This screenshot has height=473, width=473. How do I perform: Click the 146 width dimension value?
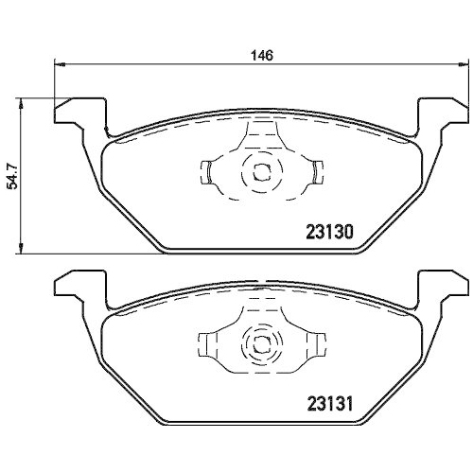(262, 56)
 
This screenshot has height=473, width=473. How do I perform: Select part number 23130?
(330, 233)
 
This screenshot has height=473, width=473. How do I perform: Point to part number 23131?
(330, 404)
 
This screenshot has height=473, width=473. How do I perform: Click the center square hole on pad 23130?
(262, 173)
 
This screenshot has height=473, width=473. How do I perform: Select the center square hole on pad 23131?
(262, 344)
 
